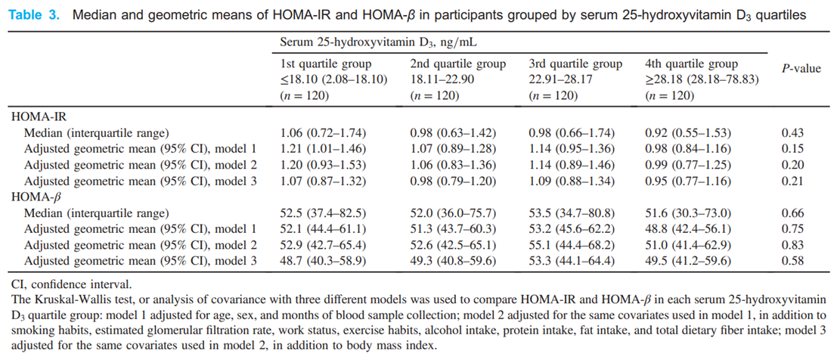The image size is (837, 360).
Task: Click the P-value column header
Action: (x=801, y=69)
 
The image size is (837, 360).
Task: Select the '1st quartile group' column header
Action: (x=324, y=64)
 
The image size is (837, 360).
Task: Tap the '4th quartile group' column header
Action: (x=691, y=64)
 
